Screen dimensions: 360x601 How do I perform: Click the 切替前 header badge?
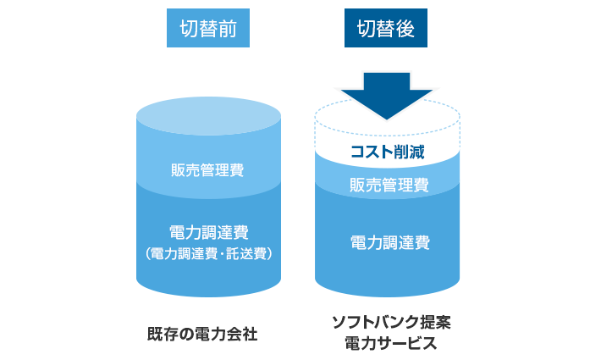pyautogui.click(x=208, y=30)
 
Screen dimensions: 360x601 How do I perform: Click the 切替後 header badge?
pyautogui.click(x=386, y=30)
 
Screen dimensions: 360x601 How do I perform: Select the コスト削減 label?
pyautogui.click(x=387, y=153)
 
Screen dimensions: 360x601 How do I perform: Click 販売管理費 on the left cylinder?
pyautogui.click(x=207, y=170)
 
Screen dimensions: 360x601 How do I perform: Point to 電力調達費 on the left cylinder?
pyautogui.click(x=208, y=232)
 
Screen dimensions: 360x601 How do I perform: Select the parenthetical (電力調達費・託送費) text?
pyautogui.click(x=208, y=253)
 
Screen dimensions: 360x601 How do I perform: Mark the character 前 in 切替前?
pyautogui.click(x=226, y=30)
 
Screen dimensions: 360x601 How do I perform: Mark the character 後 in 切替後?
pyautogui.click(x=405, y=30)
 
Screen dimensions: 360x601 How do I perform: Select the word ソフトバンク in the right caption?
pyautogui.click(x=369, y=323)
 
